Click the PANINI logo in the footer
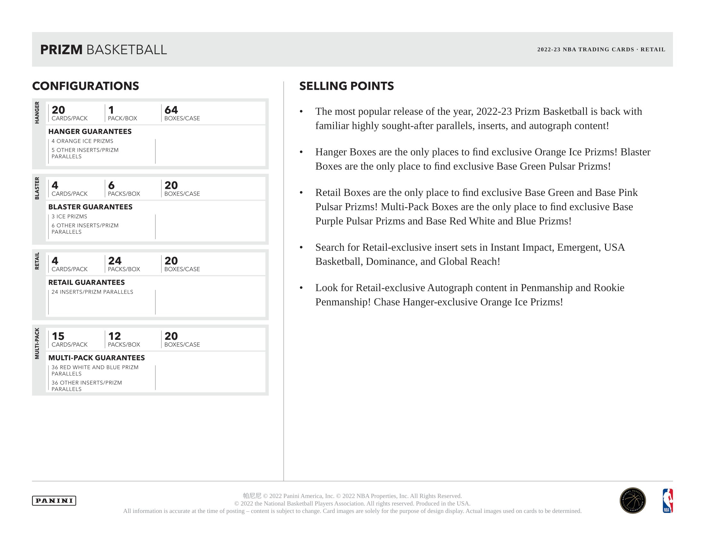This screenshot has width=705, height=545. click(x=54, y=500)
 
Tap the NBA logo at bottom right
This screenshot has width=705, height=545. click(x=668, y=500)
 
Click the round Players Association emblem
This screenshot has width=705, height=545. click(x=632, y=500)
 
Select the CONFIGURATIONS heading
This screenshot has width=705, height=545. click(x=86, y=86)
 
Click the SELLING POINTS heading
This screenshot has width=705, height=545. click(x=346, y=86)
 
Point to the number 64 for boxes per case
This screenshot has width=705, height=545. click(x=171, y=110)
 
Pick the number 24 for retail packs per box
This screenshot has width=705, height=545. click(x=115, y=261)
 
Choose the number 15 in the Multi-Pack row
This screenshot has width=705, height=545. click(x=58, y=336)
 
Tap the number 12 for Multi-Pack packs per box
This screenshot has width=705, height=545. click(x=114, y=336)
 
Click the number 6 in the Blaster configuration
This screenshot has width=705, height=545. click(x=112, y=185)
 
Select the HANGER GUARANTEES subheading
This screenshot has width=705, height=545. click(x=90, y=131)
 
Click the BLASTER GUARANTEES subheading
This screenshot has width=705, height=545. click(x=90, y=207)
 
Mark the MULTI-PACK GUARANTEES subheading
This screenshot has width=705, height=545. click(x=96, y=358)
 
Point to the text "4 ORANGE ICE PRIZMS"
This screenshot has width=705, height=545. click(x=82, y=141)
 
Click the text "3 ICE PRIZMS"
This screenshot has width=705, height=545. click(x=70, y=216)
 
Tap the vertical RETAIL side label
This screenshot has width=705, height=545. click(x=37, y=261)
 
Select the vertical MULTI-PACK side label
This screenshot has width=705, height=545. click(x=37, y=343)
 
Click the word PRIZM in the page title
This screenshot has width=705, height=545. click(x=61, y=50)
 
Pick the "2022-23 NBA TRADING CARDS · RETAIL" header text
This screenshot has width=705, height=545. click(x=601, y=49)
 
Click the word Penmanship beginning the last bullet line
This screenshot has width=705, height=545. click(x=343, y=302)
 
